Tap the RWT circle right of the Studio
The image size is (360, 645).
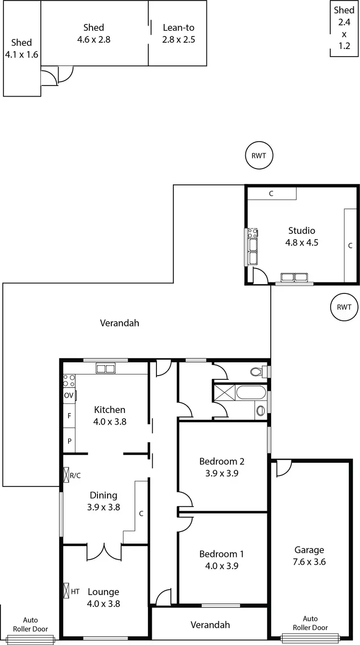tap(344, 307)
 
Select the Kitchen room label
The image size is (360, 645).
tap(109, 410)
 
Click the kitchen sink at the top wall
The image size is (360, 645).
tap(106, 368)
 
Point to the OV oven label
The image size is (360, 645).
tap(69, 396)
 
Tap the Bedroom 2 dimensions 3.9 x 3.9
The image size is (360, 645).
tap(222, 473)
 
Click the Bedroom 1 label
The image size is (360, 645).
tap(222, 554)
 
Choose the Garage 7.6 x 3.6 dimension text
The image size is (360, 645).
tap(309, 561)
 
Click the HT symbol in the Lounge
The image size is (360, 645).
tap(67, 591)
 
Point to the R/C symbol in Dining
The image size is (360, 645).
tap(67, 475)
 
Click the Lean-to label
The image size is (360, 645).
tap(179, 28)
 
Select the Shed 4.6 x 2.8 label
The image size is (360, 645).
tap(94, 28)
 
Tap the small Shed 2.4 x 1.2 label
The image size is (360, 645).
tap(344, 28)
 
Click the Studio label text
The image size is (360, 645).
tap(301, 231)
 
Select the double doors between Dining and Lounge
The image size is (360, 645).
tap(104, 551)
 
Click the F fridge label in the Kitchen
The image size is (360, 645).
tap(69, 416)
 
